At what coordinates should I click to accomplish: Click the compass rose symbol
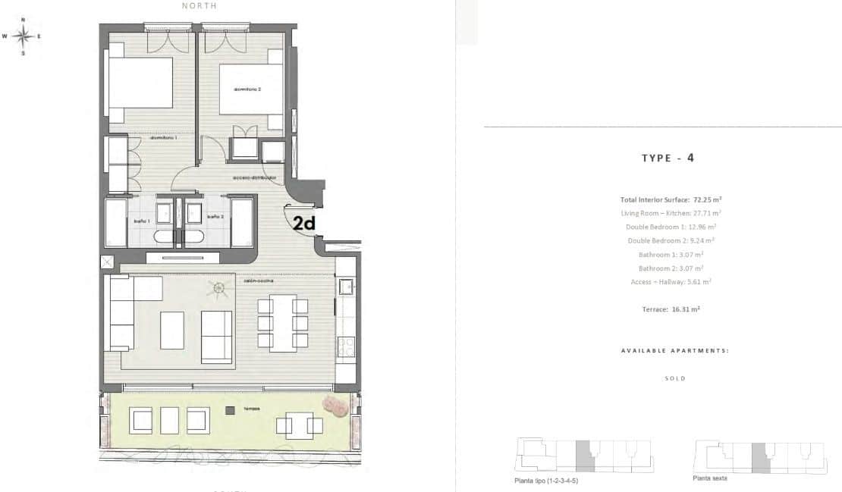click(x=23, y=35)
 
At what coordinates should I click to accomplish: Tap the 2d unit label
click(x=304, y=224)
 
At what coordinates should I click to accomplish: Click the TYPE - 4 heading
click(x=668, y=158)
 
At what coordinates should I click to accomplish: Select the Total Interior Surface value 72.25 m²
click(x=706, y=199)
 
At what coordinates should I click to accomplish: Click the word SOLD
click(x=674, y=378)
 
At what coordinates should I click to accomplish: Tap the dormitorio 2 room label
click(x=248, y=89)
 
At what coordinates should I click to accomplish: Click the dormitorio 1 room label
click(x=163, y=138)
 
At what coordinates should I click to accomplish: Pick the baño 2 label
click(x=215, y=218)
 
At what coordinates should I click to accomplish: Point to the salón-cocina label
click(x=259, y=280)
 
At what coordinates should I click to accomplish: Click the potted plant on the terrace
click(x=335, y=407)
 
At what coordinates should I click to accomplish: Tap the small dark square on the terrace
click(x=229, y=410)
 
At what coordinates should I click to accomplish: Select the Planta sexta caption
click(x=710, y=478)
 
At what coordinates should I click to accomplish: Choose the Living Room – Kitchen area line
click(x=671, y=213)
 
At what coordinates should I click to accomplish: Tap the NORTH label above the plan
click(x=200, y=6)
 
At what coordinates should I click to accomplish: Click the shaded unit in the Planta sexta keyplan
click(x=761, y=457)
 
